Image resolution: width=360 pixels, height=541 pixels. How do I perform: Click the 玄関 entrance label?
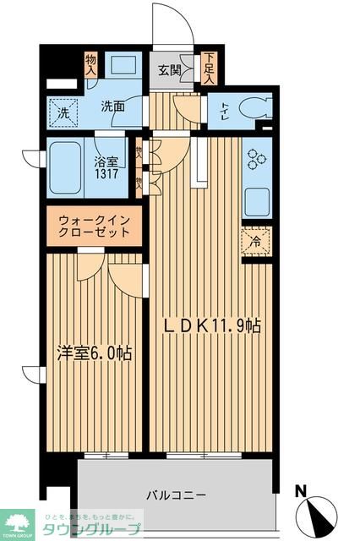pos(171,70)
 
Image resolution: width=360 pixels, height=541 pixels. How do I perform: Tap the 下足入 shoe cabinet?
pos(208,68)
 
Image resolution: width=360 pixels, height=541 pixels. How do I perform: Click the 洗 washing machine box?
pos(64,112)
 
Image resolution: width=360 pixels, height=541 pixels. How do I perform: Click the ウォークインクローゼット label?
pos(94,226)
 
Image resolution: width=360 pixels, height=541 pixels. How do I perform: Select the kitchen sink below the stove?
pos(256,201)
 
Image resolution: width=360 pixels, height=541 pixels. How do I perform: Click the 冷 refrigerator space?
pos(257,239)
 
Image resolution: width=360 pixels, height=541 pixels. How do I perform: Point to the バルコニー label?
pos(177,495)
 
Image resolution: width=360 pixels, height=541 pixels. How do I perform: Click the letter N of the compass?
pos(301,489)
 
